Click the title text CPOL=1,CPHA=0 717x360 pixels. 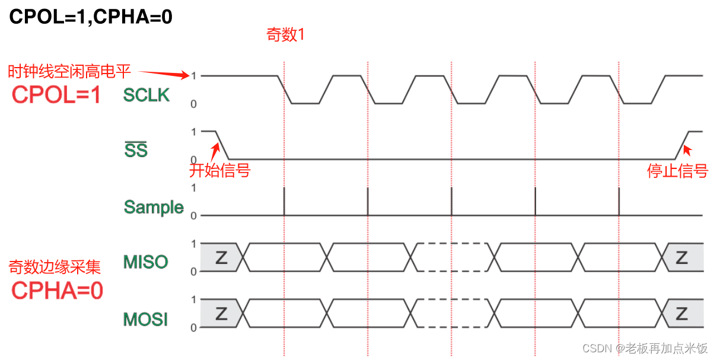tap(91, 17)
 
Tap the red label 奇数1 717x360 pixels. tap(285, 36)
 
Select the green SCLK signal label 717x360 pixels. tap(146, 95)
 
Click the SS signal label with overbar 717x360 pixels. tap(136, 151)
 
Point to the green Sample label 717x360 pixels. tap(154, 207)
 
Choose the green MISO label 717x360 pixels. tap(146, 262)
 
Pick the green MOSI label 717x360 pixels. tap(146, 319)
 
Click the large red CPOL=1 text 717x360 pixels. tap(57, 95)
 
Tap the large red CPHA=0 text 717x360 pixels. tap(58, 291)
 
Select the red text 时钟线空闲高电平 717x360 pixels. tap(69, 72)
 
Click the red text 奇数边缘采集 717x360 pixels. tap(55, 267)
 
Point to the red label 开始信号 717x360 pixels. tap(219, 171)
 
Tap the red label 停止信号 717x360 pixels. tap(677, 171)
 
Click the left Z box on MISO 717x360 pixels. tap(221, 257)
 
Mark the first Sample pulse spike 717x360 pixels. tap(285, 202)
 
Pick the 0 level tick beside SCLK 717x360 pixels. tap(193, 104)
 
